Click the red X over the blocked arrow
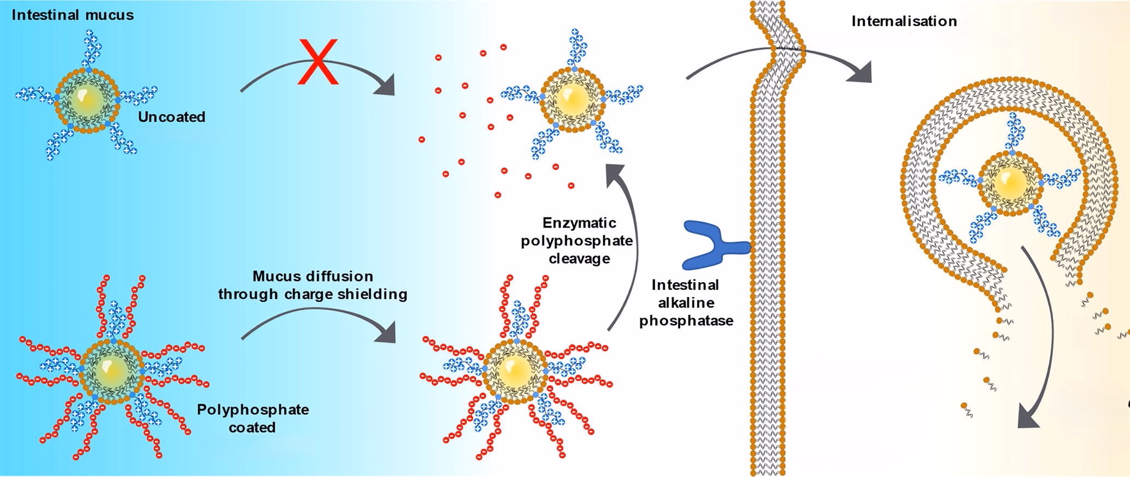tap(317, 62)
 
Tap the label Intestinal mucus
tap(73, 15)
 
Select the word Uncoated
tap(171, 117)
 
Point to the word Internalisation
tap(904, 21)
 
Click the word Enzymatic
tap(579, 223)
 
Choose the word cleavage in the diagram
tap(579, 258)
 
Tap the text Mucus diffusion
tap(312, 276)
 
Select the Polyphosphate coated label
tap(253, 418)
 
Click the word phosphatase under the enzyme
tap(686, 320)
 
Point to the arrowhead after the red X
tap(386, 87)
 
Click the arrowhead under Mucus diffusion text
tap(387, 333)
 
